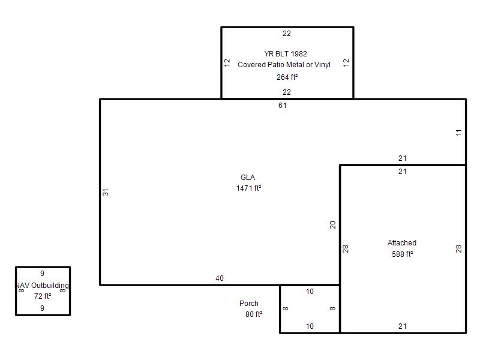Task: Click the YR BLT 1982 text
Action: [x=286, y=54]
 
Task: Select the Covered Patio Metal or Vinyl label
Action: [x=284, y=65]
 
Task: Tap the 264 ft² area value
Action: [x=287, y=77]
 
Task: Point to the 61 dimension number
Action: [x=282, y=106]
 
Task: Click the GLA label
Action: [x=248, y=178]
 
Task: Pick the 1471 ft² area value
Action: [x=248, y=188]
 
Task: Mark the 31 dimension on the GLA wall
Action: [x=106, y=192]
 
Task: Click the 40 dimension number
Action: [x=220, y=278]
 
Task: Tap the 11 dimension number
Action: [x=458, y=133]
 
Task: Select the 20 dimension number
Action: [x=333, y=224]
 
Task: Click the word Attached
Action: [x=402, y=243]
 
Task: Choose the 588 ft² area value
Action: [x=402, y=254]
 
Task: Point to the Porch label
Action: [x=249, y=304]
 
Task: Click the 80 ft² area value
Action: [x=254, y=314]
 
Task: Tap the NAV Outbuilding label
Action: [x=42, y=286]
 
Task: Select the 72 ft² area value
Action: [x=43, y=296]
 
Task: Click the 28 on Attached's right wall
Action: [x=458, y=249]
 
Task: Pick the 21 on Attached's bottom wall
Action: [x=402, y=326]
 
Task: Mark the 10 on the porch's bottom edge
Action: [x=310, y=326]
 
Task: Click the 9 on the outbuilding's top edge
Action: [x=42, y=274]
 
